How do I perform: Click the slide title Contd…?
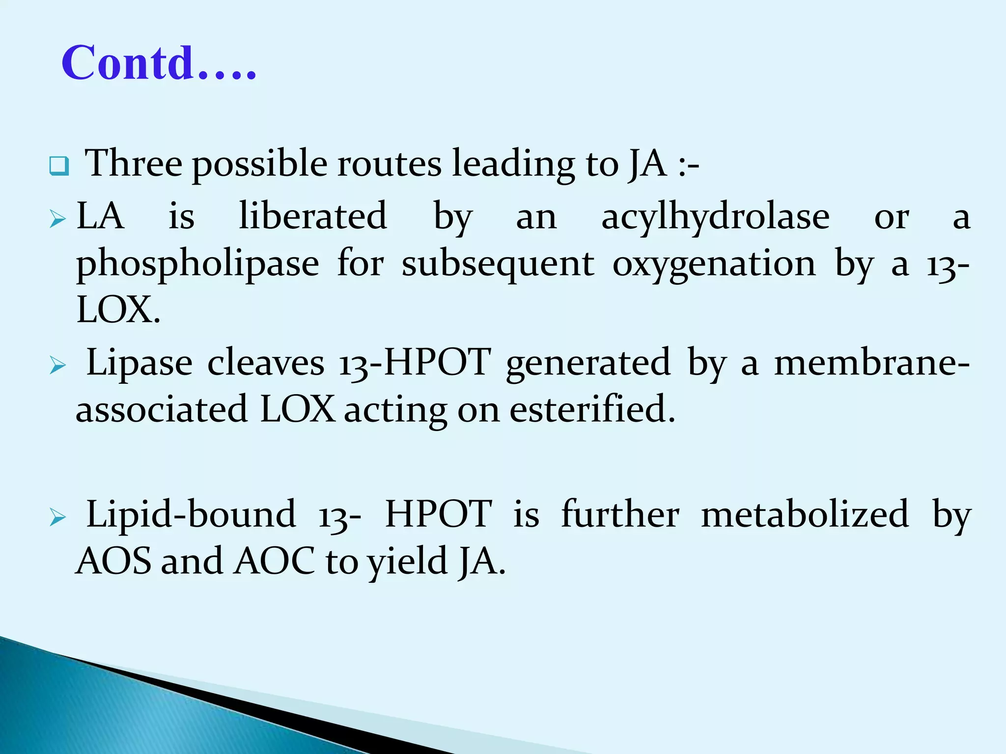tap(159, 63)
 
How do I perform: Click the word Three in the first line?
tap(134, 163)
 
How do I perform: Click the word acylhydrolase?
tap(715, 217)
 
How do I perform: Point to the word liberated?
tap(313, 216)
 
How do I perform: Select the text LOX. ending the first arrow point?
tap(118, 310)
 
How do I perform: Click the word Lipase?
tap(140, 364)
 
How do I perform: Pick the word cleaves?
tap(266, 364)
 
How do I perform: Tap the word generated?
tap(588, 364)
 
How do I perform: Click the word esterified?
tap(592, 409)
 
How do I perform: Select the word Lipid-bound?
tap(191, 514)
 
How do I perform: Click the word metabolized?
tap(805, 514)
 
